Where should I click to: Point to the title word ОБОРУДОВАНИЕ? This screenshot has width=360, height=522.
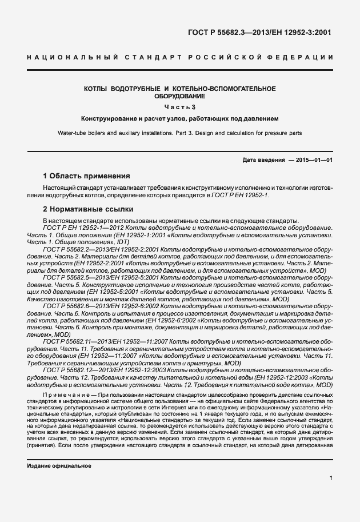coord(179,97)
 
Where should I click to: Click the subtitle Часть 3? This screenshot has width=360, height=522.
coord(179,107)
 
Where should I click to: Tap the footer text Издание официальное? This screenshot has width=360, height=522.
coord(59,466)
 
